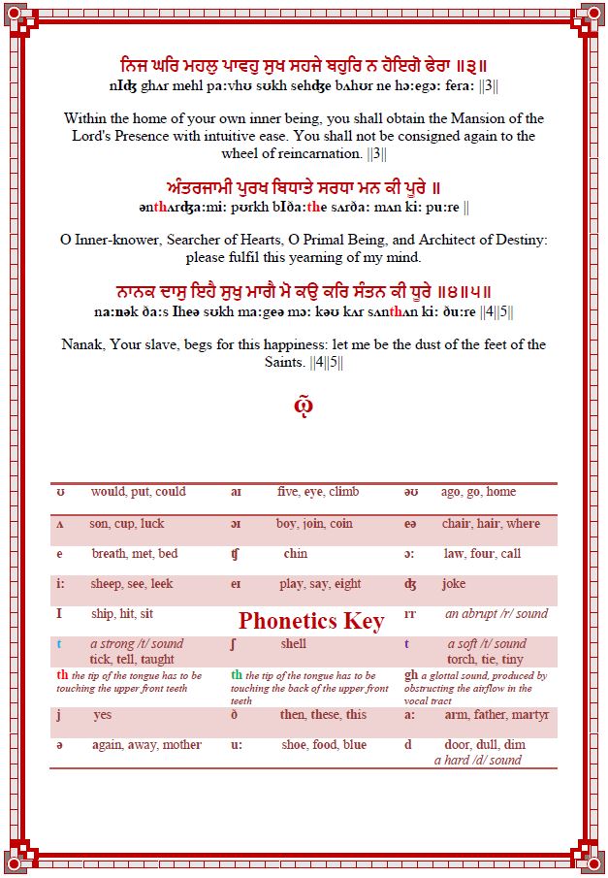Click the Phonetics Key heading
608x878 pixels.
[311, 621]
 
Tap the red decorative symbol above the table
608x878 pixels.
[304, 405]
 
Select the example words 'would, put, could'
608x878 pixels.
[138, 492]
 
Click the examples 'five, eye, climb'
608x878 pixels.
[317, 492]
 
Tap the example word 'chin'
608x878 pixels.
[296, 554]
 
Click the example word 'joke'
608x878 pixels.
[453, 584]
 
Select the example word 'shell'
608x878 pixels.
[294, 643]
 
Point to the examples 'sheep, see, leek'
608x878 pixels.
[132, 584]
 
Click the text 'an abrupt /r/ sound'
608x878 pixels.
[496, 613]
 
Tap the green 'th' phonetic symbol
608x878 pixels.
[237, 675]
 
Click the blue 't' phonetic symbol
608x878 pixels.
[59, 643]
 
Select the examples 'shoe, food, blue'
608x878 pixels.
[324, 744]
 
